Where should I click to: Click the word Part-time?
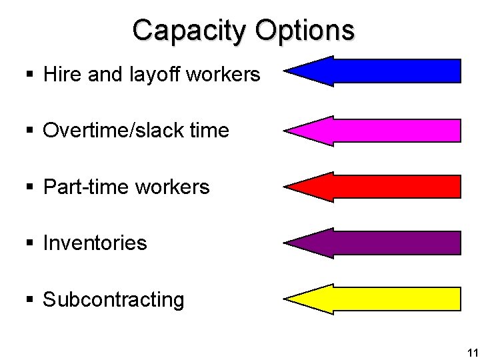85,187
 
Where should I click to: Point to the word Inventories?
95,243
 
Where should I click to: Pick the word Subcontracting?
113,300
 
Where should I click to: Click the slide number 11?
471,353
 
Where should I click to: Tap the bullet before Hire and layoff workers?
31,75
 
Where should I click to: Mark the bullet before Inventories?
31,243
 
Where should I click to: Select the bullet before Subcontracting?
31,300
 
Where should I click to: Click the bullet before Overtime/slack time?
31,131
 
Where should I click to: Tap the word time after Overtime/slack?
212,131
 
